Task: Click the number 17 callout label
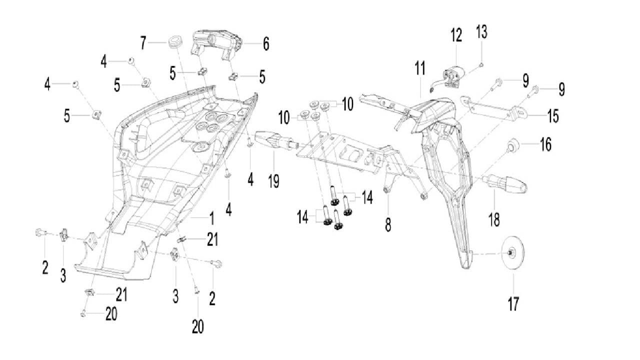(x=513, y=303)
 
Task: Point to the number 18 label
(x=494, y=218)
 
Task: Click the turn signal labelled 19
(x=273, y=138)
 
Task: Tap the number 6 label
(x=266, y=44)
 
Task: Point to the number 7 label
(x=143, y=43)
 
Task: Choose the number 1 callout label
(x=211, y=218)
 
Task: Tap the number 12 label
(x=456, y=35)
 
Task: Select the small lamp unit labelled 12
(x=453, y=77)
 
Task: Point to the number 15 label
(x=552, y=116)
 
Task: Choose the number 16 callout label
(x=545, y=145)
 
